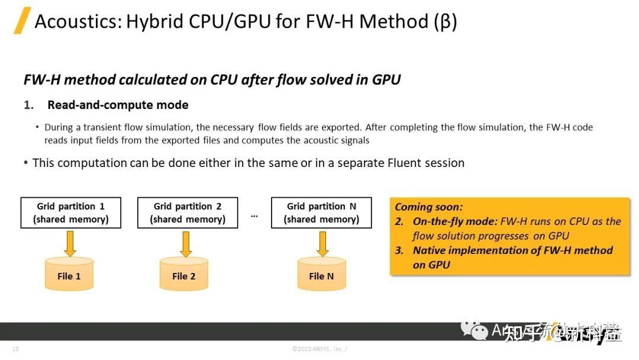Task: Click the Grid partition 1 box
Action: (70, 213)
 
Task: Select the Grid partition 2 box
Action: (188, 213)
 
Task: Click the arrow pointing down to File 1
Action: (70, 243)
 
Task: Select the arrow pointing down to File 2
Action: (185, 243)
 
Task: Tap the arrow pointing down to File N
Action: (322, 243)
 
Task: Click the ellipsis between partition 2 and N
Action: (254, 216)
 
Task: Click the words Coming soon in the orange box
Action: (428, 207)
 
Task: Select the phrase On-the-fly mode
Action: (454, 221)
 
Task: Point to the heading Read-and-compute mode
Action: (118, 105)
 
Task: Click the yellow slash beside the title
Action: (22, 22)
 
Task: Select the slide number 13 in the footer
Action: (15, 349)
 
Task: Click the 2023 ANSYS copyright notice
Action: (319, 349)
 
